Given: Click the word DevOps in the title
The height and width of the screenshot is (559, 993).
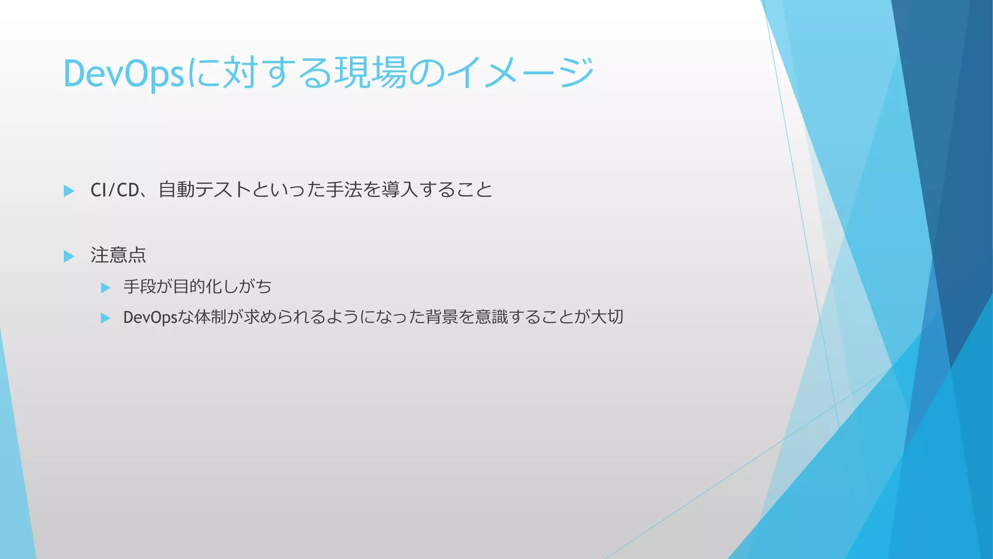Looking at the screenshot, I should tap(124, 74).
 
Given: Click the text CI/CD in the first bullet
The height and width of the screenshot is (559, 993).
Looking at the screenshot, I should tap(115, 190).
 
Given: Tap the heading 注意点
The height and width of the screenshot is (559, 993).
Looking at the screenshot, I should tap(118, 255).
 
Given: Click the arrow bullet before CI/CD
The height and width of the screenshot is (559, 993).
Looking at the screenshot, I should tap(69, 191).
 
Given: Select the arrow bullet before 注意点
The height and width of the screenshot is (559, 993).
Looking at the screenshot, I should tap(69, 256).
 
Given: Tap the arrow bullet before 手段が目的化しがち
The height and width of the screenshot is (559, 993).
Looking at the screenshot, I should tap(105, 288).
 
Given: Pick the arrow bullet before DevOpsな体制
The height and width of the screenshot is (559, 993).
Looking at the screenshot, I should tap(105, 318).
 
